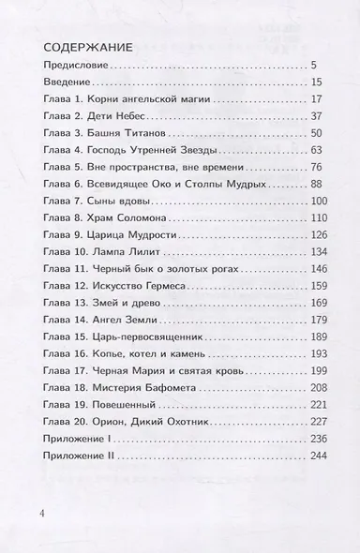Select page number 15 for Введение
[315, 82]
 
